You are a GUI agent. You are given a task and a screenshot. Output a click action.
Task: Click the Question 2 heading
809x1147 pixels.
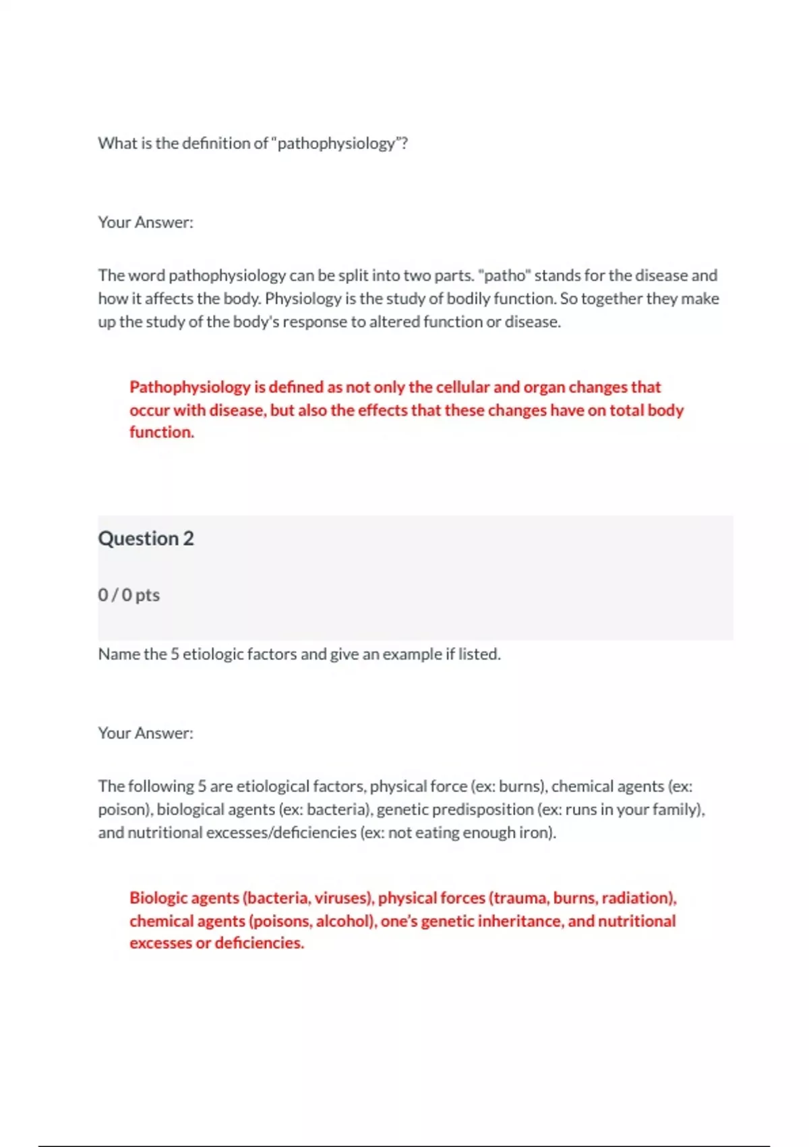coord(146,538)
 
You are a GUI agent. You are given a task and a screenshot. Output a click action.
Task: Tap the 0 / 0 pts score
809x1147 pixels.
coord(129,595)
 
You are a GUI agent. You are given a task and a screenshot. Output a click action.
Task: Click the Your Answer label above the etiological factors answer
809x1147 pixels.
coord(146,733)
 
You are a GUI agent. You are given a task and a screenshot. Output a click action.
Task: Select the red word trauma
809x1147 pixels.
coord(520,898)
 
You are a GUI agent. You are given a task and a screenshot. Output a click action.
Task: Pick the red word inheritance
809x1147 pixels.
coord(520,922)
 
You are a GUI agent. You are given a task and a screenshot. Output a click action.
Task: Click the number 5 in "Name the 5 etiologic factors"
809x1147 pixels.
coord(175,654)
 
